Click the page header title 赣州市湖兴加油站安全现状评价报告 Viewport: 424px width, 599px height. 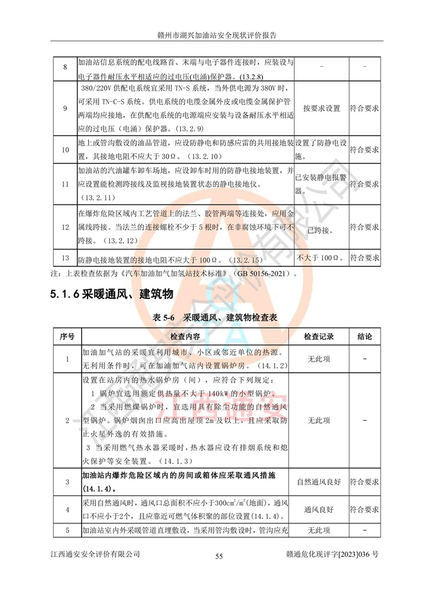click(212, 35)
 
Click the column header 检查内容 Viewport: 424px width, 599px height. click(185, 337)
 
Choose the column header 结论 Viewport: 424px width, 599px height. click(365, 337)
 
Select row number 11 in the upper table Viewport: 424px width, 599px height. click(65, 184)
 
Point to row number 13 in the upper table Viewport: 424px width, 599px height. click(65, 258)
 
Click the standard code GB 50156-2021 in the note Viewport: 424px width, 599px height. click(262, 274)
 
